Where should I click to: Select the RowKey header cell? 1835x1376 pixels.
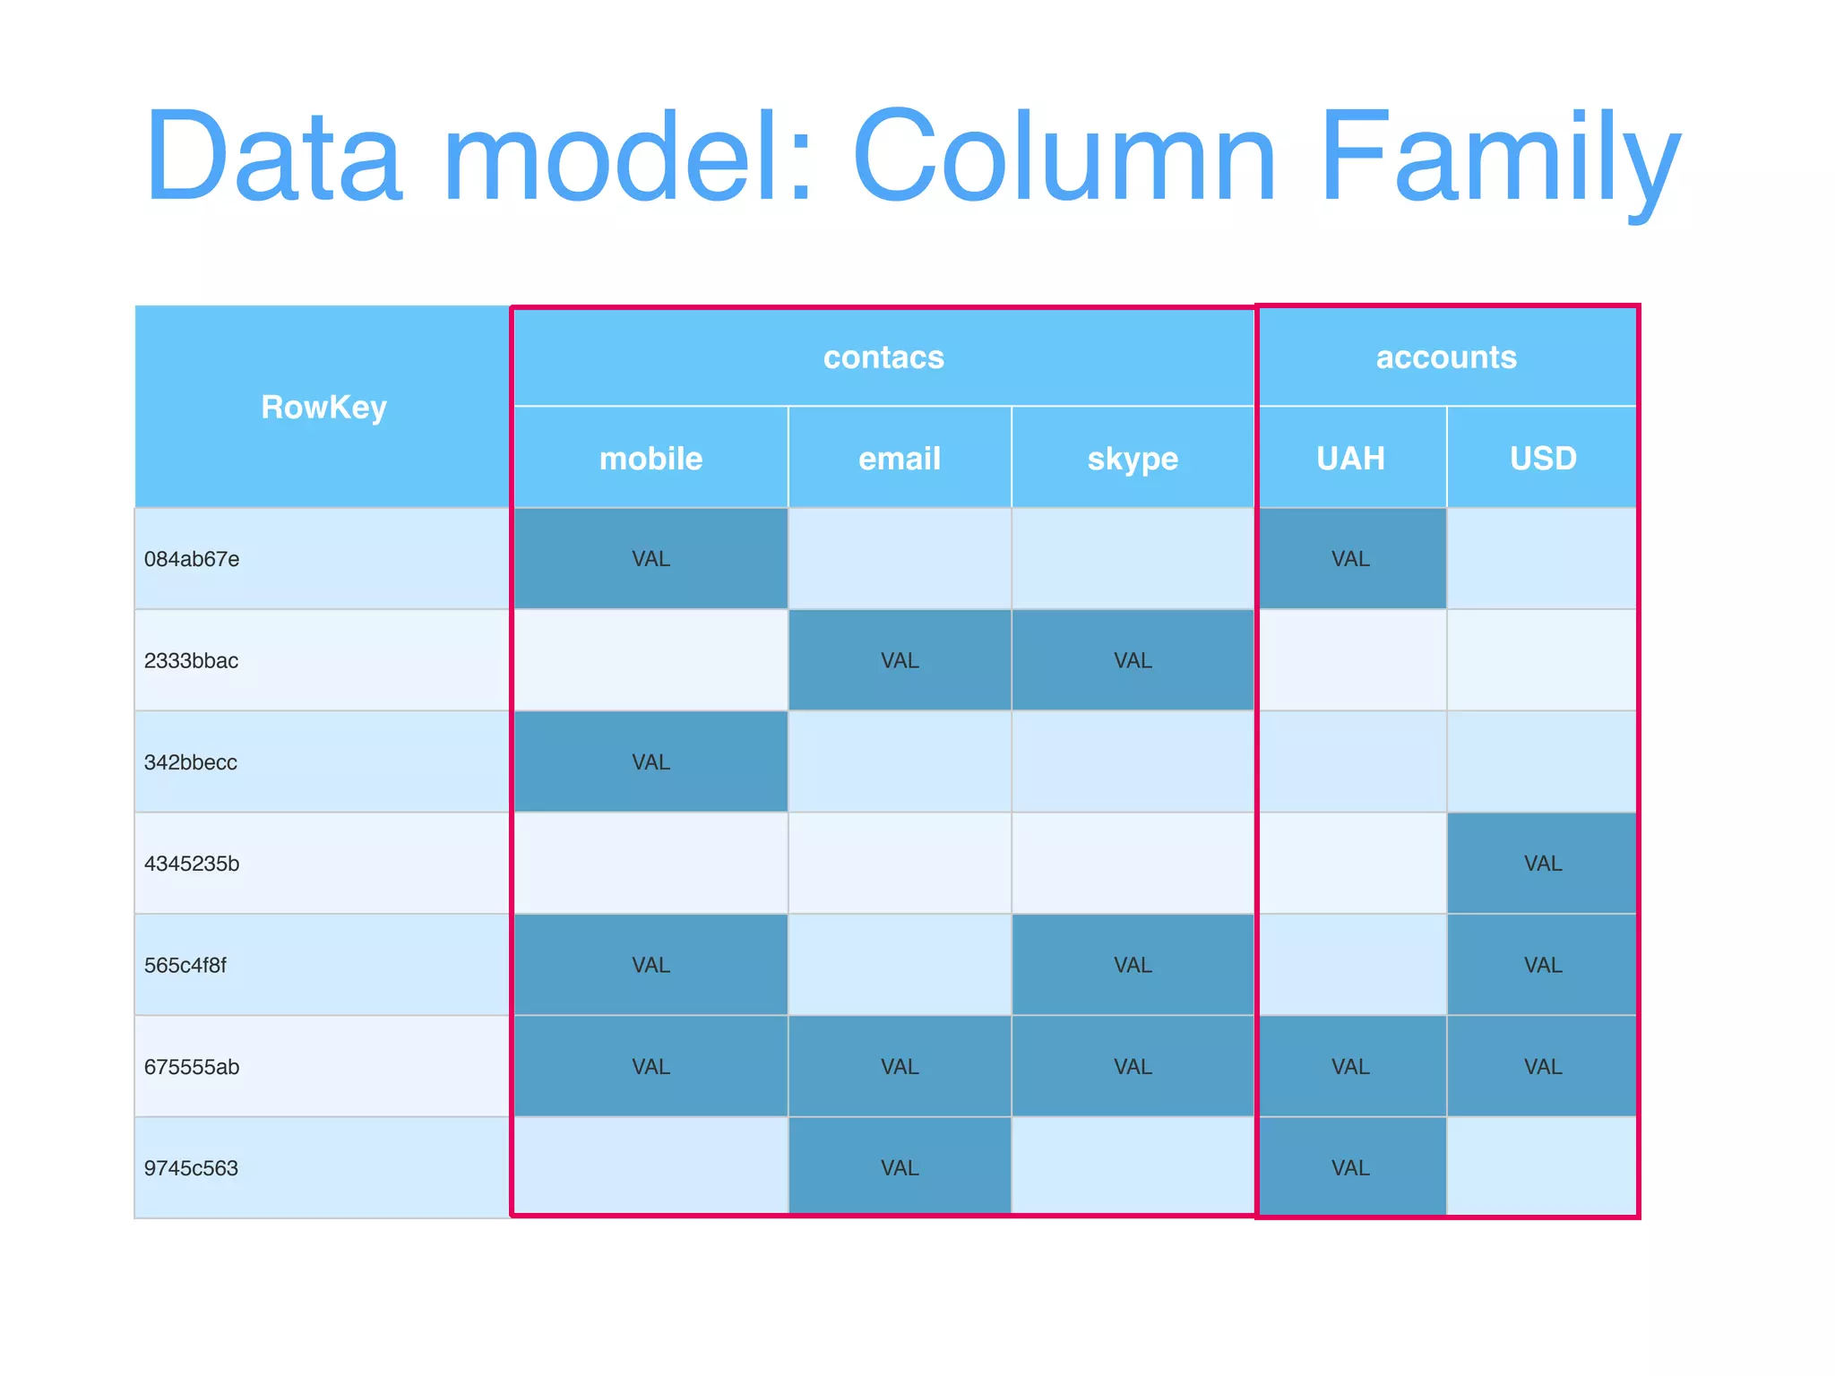coord(323,408)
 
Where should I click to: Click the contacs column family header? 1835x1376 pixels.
coord(883,357)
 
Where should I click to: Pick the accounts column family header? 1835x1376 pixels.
coord(1446,357)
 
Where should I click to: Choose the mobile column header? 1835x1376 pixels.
coord(650,459)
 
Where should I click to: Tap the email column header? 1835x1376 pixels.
coord(900,459)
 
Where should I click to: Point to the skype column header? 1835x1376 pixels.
coord(1133,459)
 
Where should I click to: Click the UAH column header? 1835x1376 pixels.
coord(1350,459)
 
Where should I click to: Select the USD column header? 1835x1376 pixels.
coord(1543,459)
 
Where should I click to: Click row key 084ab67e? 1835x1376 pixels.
coord(192,559)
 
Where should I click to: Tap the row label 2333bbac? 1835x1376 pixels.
coord(191,661)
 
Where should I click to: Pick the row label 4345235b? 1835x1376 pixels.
coord(192,864)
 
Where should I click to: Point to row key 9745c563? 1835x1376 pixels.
coord(191,1168)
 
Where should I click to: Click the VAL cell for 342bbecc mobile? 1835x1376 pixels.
coord(650,762)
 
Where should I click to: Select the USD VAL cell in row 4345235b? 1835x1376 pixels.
coord(1543,864)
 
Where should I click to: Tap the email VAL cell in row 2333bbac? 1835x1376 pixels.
coord(900,661)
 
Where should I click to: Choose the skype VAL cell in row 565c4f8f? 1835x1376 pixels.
coord(1133,965)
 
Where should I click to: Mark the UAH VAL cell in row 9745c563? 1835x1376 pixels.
coord(1350,1168)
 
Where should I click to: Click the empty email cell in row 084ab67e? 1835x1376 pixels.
coord(900,559)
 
